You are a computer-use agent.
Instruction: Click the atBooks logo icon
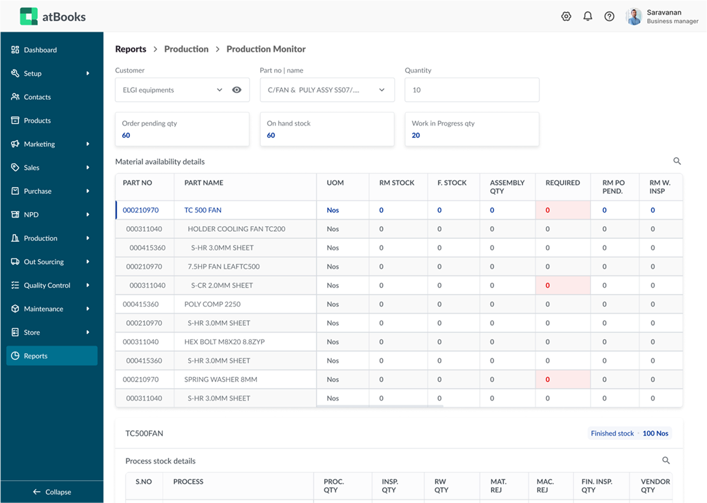(x=28, y=17)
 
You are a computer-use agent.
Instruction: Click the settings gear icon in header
(x=566, y=17)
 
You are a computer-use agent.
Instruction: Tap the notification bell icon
(x=588, y=17)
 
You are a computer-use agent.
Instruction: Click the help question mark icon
(x=609, y=17)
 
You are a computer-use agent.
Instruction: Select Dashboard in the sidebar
(x=40, y=50)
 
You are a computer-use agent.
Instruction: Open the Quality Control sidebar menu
(x=47, y=286)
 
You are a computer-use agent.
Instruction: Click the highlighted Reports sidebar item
(x=52, y=356)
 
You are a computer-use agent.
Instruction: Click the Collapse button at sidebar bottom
(x=52, y=492)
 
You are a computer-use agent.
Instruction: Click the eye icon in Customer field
(x=236, y=90)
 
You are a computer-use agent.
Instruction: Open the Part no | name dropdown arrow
(x=382, y=90)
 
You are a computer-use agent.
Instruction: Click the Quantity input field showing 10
(x=471, y=90)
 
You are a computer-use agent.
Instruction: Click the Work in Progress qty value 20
(x=416, y=135)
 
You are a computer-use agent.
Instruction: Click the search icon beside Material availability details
(x=677, y=161)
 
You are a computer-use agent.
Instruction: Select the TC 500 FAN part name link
(x=203, y=210)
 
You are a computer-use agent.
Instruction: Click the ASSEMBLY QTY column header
(x=507, y=186)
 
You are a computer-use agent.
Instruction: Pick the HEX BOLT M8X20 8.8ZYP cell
(x=224, y=342)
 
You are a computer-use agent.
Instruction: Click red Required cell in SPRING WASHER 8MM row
(x=562, y=379)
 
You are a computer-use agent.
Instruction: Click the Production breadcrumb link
(x=186, y=49)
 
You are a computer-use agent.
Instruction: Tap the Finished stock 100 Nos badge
(x=629, y=433)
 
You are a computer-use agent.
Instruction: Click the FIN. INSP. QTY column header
(x=597, y=485)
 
